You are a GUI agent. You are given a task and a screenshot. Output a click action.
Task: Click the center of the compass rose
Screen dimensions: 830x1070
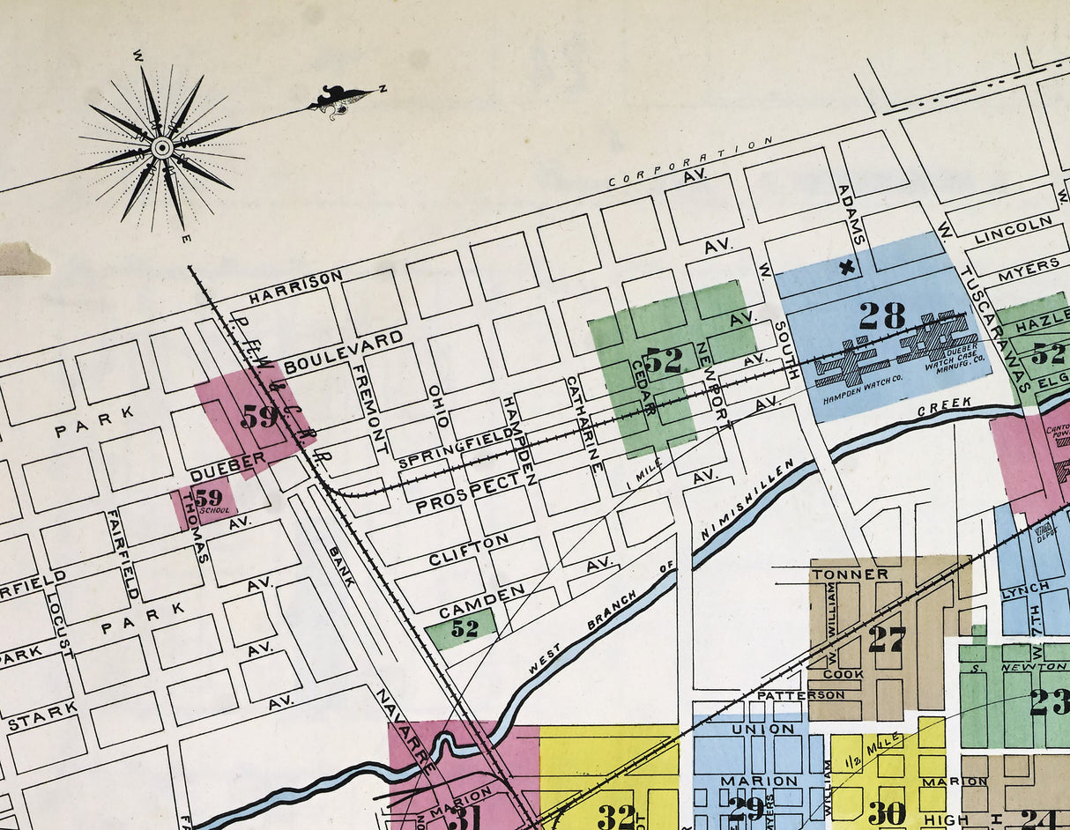[161, 147]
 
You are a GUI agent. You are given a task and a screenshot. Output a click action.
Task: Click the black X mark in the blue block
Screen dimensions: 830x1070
[848, 267]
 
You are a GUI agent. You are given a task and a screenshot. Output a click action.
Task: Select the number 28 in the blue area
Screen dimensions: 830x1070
[881, 315]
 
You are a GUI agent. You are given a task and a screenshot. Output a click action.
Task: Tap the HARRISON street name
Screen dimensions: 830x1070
[295, 287]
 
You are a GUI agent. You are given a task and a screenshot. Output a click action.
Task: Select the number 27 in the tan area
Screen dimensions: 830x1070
[886, 639]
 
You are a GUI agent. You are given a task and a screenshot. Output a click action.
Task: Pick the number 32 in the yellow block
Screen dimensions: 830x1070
[615, 816]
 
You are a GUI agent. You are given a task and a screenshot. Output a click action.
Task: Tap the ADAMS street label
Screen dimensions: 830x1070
[851, 215]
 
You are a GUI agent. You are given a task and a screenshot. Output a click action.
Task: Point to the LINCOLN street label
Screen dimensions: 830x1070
[1000, 231]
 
